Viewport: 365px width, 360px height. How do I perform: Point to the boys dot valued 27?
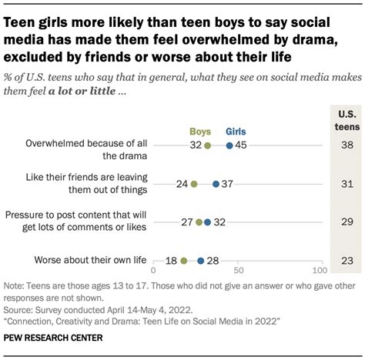(x=199, y=222)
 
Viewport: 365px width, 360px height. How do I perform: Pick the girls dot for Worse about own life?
(x=201, y=261)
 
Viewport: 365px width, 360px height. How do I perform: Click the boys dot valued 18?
(x=184, y=261)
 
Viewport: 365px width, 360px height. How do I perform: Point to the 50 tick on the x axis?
(x=237, y=272)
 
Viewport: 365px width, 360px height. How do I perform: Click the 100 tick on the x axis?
(x=319, y=272)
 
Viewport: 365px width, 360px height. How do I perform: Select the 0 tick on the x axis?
(x=154, y=272)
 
